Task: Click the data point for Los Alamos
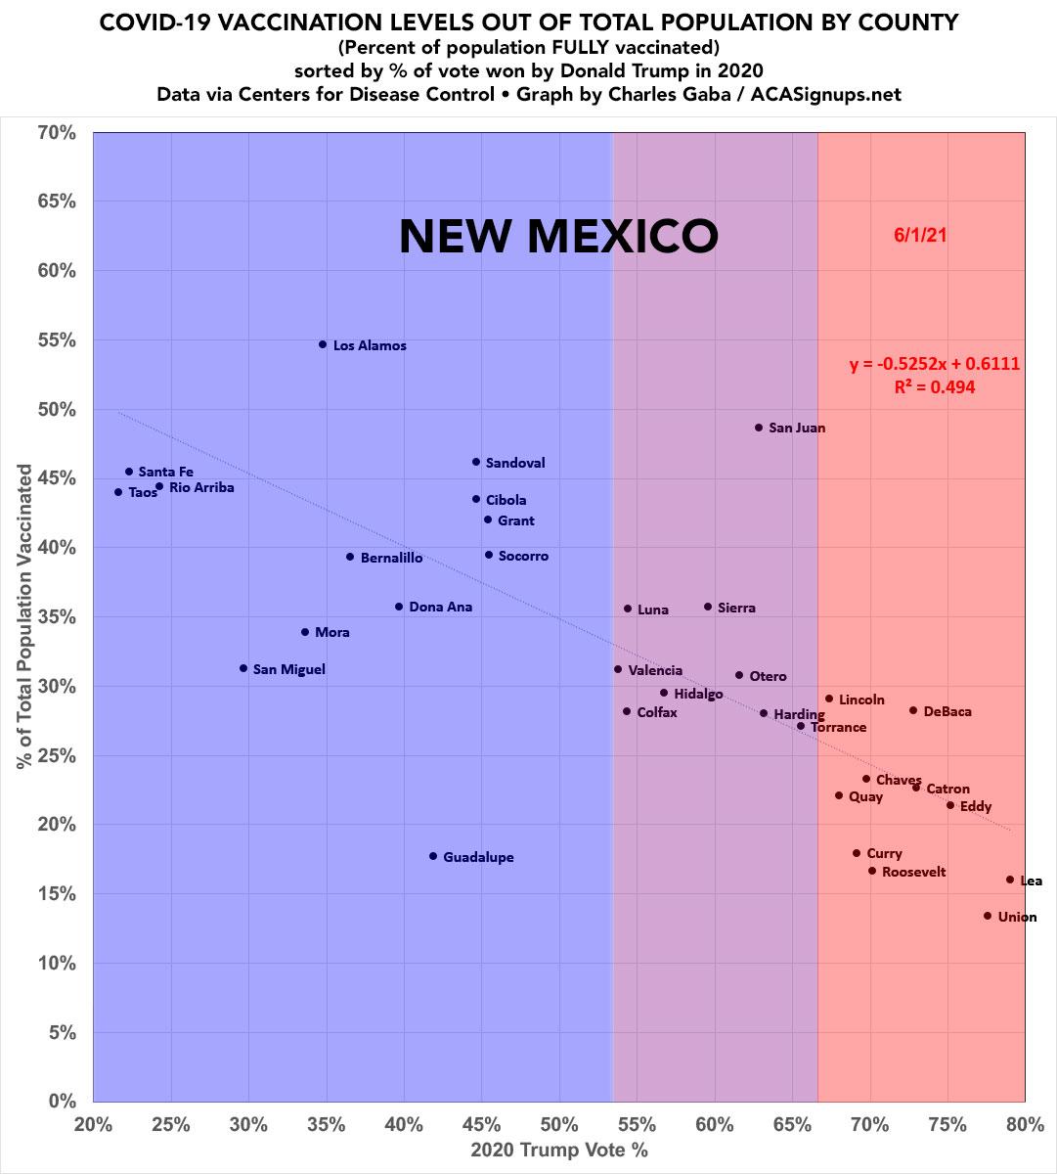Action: click(323, 344)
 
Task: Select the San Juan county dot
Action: click(759, 428)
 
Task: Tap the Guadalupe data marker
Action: click(433, 856)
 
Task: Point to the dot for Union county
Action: click(988, 916)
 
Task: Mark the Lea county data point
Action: click(1010, 880)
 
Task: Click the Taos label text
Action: click(143, 493)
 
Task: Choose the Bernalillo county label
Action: click(391, 558)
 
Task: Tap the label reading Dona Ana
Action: click(440, 608)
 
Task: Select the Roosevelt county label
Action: click(913, 872)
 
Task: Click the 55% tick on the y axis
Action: click(56, 339)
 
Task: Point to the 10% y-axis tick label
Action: click(56, 963)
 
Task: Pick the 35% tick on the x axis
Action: click(327, 1124)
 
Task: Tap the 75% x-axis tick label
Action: click(947, 1124)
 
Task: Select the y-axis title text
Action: click(25, 616)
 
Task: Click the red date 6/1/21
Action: click(920, 235)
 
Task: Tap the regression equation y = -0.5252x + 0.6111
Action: click(934, 364)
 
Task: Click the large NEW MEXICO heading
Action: click(558, 236)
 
